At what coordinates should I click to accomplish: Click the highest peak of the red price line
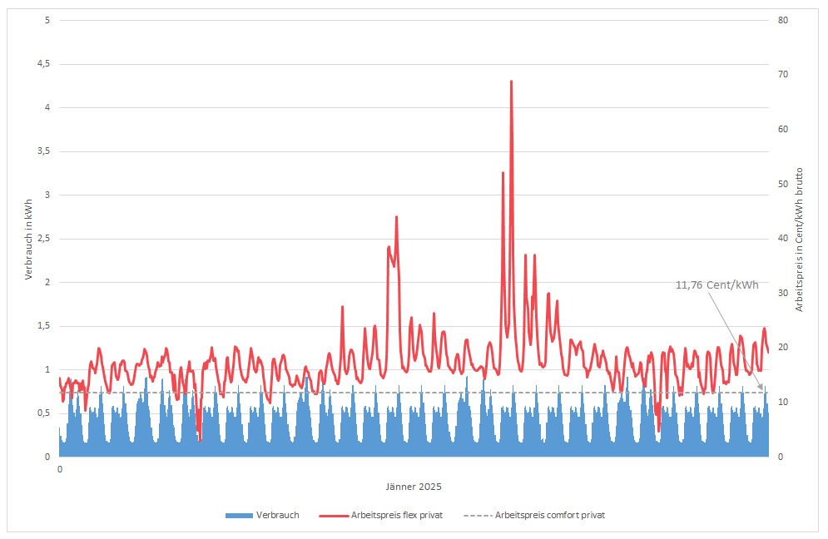tap(511, 82)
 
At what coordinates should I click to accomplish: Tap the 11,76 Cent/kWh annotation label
tap(716, 284)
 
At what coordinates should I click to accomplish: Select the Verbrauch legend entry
tap(262, 516)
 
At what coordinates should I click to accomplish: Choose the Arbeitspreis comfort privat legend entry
tap(540, 516)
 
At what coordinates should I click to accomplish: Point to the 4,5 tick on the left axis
tap(44, 64)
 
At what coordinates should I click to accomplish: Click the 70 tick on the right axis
tap(783, 75)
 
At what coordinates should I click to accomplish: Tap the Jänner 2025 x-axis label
tap(413, 487)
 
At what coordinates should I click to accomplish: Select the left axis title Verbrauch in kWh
tap(27, 239)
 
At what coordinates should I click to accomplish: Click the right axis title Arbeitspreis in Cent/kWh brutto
tap(800, 239)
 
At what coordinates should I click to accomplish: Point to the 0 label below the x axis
tap(60, 469)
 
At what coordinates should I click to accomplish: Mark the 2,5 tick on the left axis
tap(44, 239)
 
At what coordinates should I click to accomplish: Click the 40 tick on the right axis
tap(783, 239)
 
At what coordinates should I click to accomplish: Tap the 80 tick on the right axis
tap(783, 20)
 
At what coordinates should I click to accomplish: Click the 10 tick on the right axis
tap(783, 403)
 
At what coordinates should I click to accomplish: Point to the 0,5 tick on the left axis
tap(44, 413)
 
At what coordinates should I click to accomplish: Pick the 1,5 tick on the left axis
tap(44, 326)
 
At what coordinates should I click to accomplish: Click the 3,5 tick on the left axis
tap(44, 151)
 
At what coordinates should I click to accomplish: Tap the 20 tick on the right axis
tap(783, 348)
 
